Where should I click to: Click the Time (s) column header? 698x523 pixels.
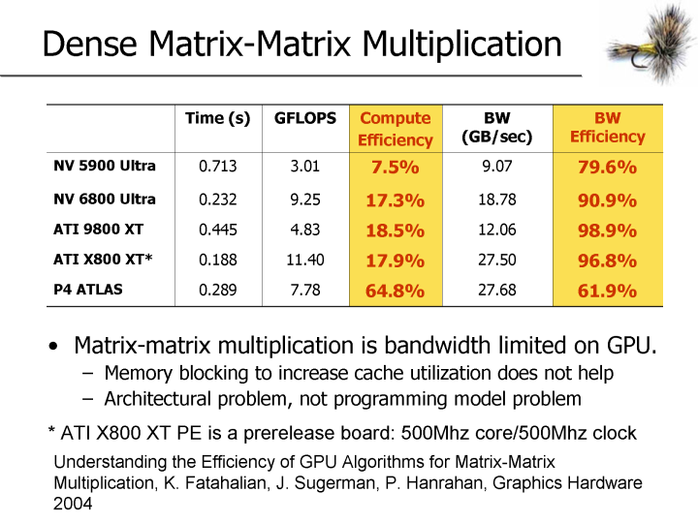[x=218, y=118]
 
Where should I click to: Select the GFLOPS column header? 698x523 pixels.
[x=305, y=118]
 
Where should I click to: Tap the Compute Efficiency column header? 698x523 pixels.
[x=395, y=128]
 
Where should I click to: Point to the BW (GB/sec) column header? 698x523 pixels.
[x=496, y=128]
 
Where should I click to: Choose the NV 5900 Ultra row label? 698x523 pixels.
[x=105, y=166]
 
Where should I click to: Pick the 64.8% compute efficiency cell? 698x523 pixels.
[x=395, y=291]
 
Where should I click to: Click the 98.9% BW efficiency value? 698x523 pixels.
[x=607, y=231]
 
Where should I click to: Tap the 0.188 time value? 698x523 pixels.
[x=218, y=260]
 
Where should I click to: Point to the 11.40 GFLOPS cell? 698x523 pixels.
[x=304, y=260]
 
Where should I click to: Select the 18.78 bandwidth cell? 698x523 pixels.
[x=496, y=200]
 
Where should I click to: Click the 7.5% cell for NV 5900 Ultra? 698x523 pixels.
[x=395, y=167]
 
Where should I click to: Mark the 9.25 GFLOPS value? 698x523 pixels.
[x=304, y=200]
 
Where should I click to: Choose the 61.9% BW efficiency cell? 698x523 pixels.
[x=607, y=291]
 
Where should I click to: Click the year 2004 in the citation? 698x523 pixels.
[x=75, y=504]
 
